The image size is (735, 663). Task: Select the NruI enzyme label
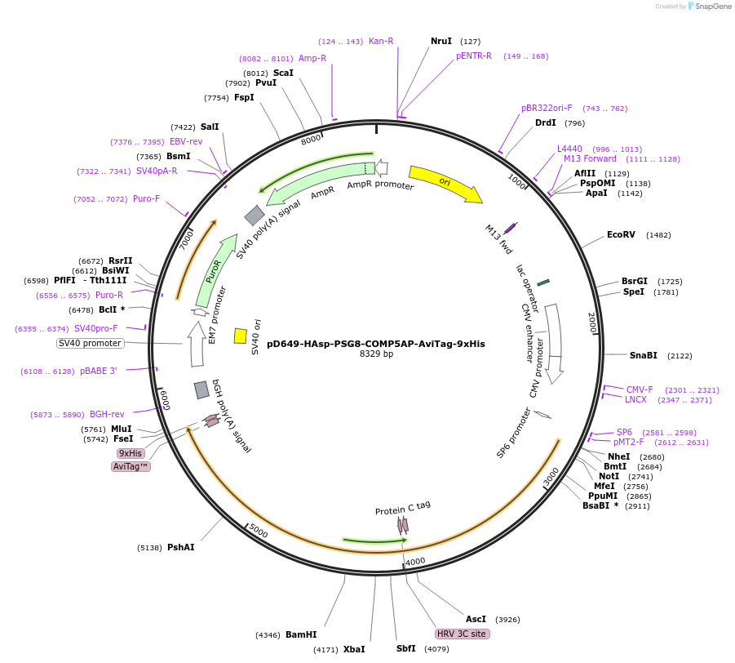[441, 41]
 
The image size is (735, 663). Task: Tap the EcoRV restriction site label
[621, 234]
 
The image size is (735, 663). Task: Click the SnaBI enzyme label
[643, 355]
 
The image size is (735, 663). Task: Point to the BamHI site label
[301, 634]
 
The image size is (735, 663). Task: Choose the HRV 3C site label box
[463, 634]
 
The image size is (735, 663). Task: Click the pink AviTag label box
[131, 466]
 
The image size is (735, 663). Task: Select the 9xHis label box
[131, 453]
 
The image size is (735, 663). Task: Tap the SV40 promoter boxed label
[90, 343]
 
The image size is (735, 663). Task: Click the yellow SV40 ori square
[241, 336]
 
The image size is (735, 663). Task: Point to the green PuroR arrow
[210, 274]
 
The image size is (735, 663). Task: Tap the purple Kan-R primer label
[381, 41]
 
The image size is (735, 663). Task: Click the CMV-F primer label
[640, 389]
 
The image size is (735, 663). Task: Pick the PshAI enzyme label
[181, 547]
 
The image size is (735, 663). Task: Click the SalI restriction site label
[210, 127]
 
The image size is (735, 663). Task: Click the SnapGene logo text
[712, 7]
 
